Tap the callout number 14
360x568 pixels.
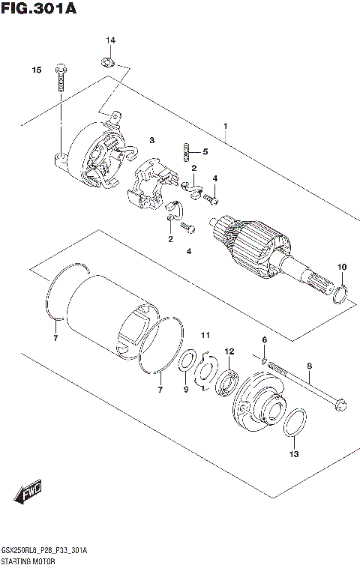(110, 40)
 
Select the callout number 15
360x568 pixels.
(35, 70)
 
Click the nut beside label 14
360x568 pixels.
(108, 61)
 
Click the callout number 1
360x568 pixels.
(224, 125)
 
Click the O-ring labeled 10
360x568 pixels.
(340, 294)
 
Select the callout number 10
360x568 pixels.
(341, 267)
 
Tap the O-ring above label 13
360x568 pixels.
(294, 423)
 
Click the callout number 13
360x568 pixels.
(294, 454)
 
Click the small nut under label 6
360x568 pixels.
(265, 363)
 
